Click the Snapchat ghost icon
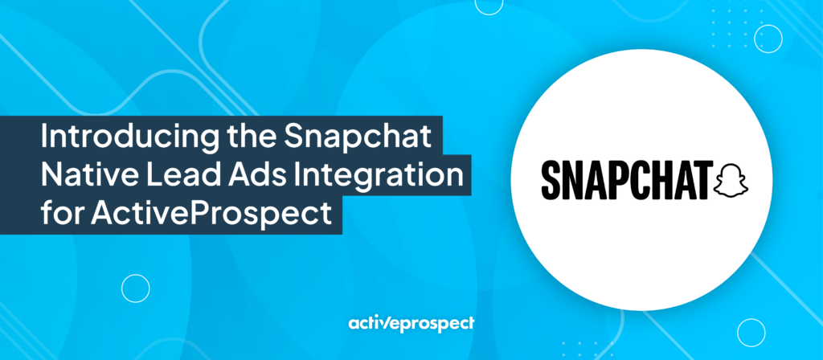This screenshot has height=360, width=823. [733, 181]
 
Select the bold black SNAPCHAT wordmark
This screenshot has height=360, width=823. [628, 181]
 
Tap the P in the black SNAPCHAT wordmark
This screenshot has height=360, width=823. [617, 181]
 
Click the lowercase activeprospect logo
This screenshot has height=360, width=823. [411, 323]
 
